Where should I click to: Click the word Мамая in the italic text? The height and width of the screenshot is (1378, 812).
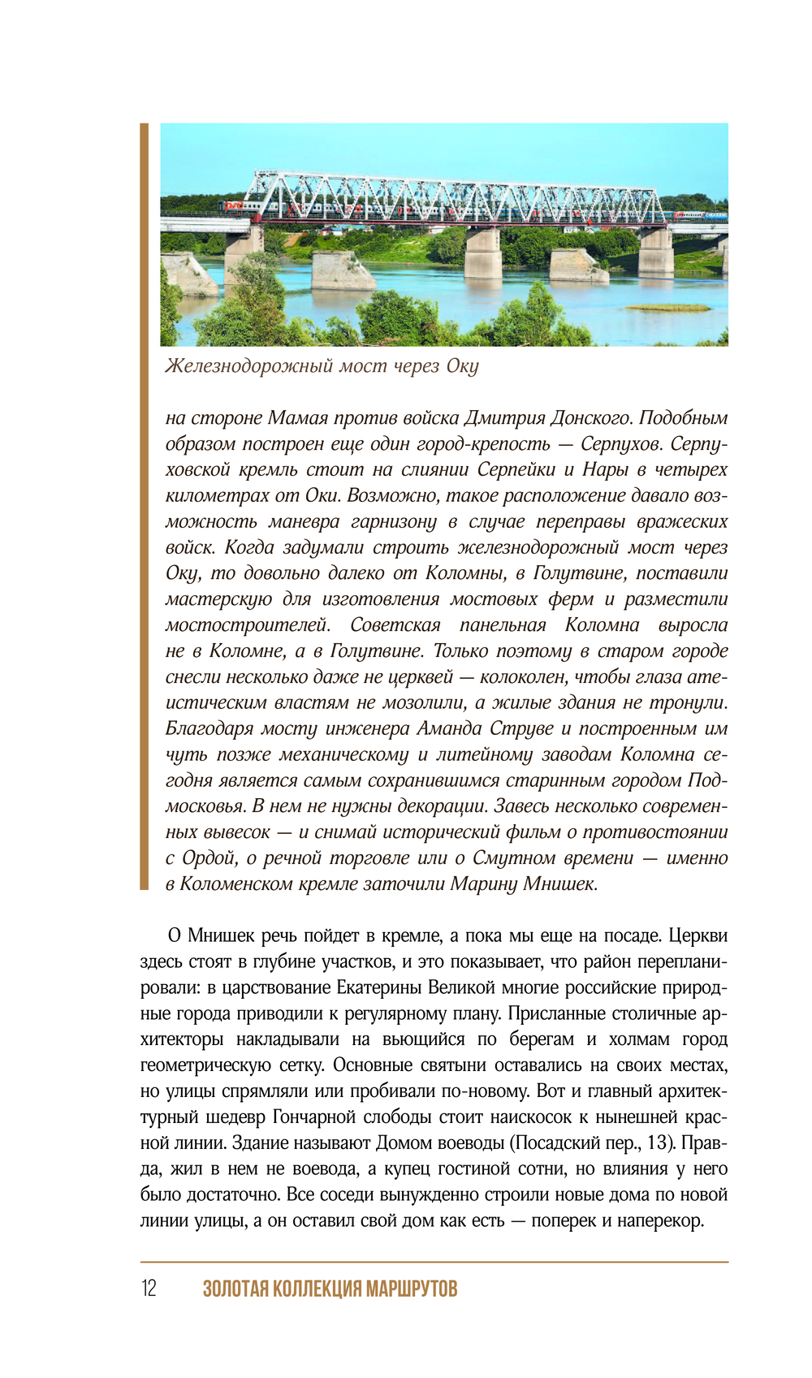pyautogui.click(x=297, y=418)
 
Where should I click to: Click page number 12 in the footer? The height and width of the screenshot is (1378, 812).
pyautogui.click(x=149, y=1289)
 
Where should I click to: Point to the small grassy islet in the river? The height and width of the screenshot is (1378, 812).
pyautogui.click(x=667, y=308)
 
